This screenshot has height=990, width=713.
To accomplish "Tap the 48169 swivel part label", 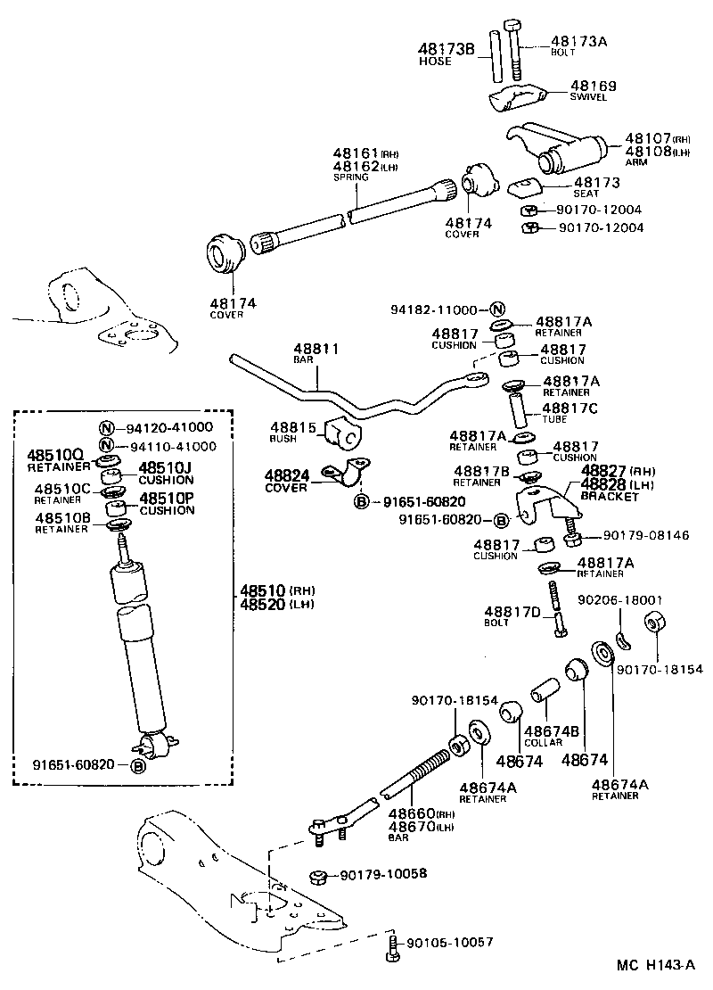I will tap(592, 87).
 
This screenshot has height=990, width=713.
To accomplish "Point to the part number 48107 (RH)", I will tap(648, 138).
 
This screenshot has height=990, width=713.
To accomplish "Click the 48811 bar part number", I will tap(316, 349).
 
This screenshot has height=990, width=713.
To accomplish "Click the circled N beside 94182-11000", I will tap(496, 309).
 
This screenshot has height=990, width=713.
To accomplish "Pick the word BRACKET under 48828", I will tap(610, 496).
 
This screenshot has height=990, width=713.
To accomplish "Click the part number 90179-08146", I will tap(645, 536).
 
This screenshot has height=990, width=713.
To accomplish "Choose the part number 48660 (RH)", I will tap(409, 813).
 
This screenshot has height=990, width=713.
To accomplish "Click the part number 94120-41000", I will tap(168, 426).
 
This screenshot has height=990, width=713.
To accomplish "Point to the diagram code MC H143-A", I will tap(655, 965).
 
